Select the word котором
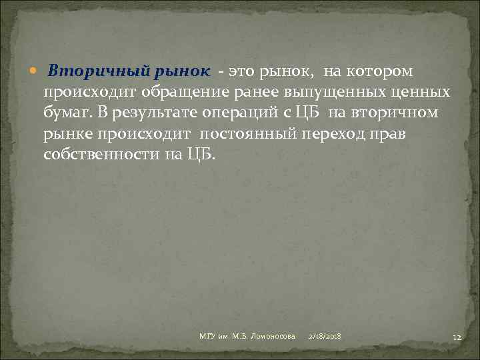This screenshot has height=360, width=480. coord(384,71)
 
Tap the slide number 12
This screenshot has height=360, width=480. coord(457,339)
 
